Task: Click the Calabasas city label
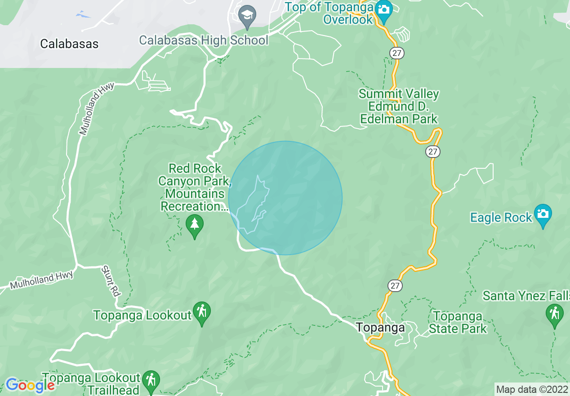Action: tap(69, 44)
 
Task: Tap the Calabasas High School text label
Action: tap(204, 40)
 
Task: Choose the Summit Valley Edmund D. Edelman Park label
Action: tap(398, 107)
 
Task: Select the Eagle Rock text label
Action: tap(501, 218)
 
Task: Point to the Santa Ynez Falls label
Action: tap(526, 296)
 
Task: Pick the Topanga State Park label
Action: tap(458, 322)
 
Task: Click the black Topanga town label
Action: tap(380, 327)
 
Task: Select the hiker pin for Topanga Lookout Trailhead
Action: tap(151, 380)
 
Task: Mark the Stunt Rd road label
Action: tap(110, 281)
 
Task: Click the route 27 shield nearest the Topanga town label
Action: tap(396, 286)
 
